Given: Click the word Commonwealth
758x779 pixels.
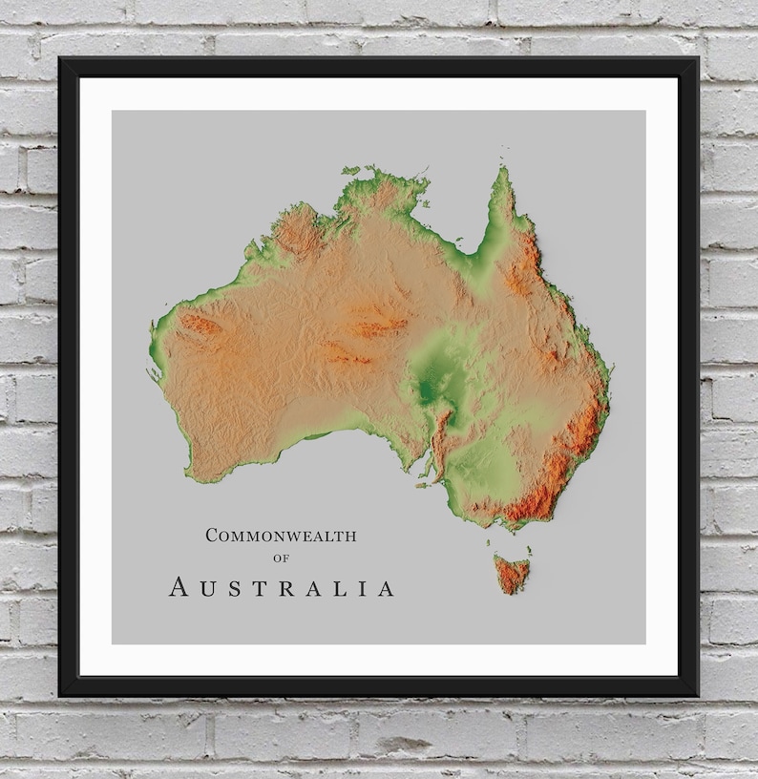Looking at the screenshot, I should click(x=281, y=536).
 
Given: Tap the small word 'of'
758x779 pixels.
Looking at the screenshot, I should click(x=281, y=558).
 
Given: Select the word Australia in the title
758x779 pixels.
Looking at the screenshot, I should click(x=282, y=587).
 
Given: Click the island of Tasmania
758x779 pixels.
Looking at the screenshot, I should click(x=512, y=574).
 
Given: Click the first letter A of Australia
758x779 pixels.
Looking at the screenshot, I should click(x=179, y=588).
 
